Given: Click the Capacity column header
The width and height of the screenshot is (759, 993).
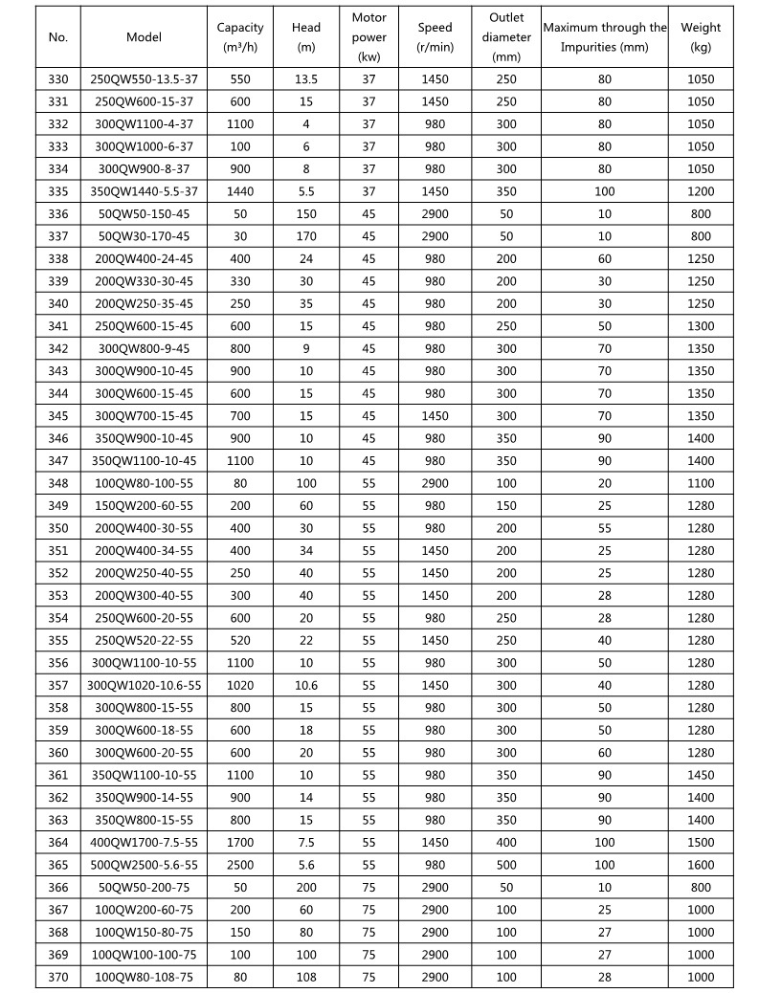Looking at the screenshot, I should tap(240, 37).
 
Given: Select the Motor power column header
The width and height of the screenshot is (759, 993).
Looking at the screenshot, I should tap(368, 37).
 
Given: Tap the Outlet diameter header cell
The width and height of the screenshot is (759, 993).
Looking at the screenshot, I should tap(505, 37).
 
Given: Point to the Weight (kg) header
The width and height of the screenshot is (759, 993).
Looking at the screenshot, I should tap(701, 37).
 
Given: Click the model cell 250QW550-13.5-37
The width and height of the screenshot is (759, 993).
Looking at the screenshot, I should tap(144, 79).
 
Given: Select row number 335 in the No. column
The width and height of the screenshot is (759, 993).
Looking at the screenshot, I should tap(58, 191).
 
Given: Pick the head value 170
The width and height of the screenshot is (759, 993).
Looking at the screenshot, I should tap(306, 236).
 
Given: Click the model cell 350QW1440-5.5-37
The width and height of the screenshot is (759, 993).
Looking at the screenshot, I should tap(144, 191).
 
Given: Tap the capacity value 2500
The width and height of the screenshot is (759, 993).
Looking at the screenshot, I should tap(240, 865).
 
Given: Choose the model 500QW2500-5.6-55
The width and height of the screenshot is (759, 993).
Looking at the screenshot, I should tap(144, 865).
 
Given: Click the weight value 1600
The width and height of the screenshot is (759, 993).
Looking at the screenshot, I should tap(701, 865).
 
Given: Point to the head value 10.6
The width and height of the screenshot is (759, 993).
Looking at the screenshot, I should tap(306, 686).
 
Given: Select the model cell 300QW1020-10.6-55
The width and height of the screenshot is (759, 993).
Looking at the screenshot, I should tap(144, 686).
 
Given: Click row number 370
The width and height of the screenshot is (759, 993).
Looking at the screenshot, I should tap(58, 977).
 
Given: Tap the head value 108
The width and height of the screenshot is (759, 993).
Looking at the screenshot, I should tap(306, 977).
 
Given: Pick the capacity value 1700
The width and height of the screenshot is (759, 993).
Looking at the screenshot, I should tap(240, 843).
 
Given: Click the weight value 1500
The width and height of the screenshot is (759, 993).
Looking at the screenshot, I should tap(701, 843).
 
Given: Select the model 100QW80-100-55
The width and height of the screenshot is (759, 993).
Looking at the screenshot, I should tap(144, 484).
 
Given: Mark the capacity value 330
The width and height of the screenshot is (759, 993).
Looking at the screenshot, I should tap(240, 281).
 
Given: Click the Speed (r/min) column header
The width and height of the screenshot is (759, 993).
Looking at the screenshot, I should tap(435, 37).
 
